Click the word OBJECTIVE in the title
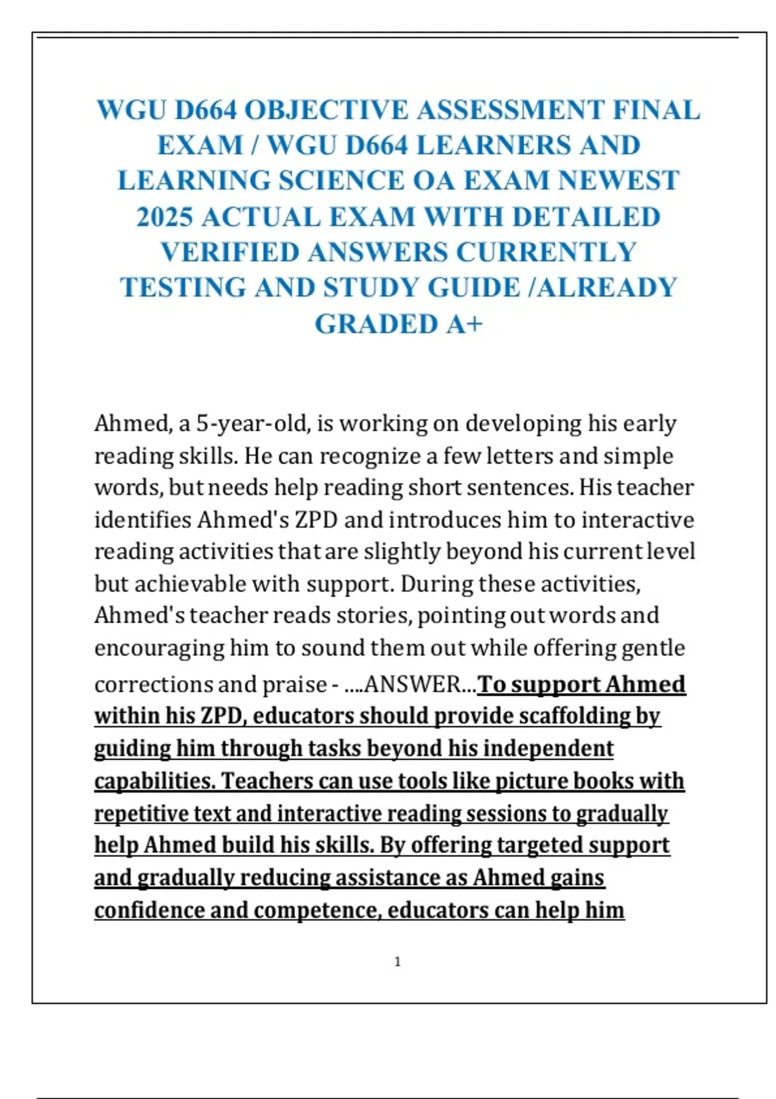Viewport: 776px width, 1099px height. [x=327, y=110]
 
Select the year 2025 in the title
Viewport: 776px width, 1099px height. [x=165, y=217]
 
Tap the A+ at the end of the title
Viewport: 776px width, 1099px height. [x=464, y=325]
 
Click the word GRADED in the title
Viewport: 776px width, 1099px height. [x=376, y=325]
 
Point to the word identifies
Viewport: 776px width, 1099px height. [x=143, y=520]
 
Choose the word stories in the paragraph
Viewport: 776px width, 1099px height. [x=373, y=615]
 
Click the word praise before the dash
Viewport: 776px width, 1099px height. [x=297, y=685]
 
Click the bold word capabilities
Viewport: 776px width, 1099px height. [x=154, y=781]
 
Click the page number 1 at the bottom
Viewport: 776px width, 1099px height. [x=397, y=962]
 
